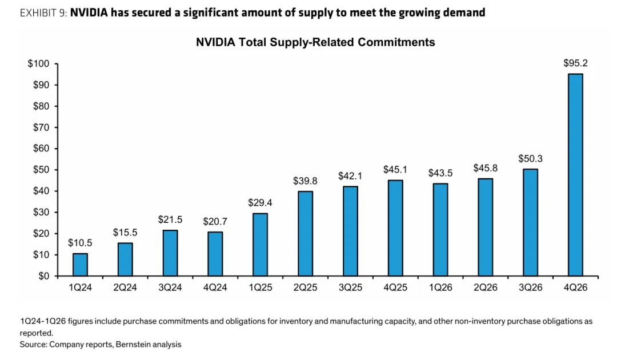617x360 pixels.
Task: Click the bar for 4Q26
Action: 575,175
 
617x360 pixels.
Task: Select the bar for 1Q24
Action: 80,265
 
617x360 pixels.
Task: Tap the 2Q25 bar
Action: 305,233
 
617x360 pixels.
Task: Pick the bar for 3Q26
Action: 530,222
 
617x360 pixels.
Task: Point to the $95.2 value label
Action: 575,64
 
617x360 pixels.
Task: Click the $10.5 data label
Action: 80,243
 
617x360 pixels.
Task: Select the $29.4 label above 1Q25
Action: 260,202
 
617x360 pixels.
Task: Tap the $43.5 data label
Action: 440,173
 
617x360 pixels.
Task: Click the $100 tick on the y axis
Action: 38,63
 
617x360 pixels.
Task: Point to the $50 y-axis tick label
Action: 41,170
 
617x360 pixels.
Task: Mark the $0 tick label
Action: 43,276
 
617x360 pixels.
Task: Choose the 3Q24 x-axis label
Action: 170,287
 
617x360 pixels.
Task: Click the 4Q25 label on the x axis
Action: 395,287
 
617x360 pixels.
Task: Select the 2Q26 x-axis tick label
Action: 485,287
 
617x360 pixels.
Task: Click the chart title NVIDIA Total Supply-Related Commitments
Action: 315,42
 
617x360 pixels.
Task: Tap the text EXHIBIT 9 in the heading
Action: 43,13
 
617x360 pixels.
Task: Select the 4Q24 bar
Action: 215,254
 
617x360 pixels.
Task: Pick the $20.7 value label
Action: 215,221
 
